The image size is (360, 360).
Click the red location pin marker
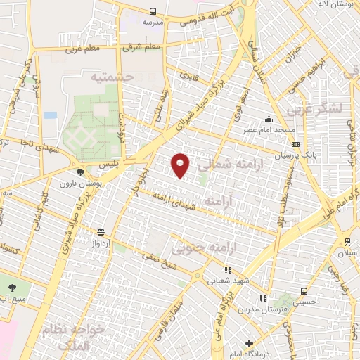(x=181, y=165)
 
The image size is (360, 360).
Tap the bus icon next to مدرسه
(x=153, y=11)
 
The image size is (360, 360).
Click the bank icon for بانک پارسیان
(x=294, y=143)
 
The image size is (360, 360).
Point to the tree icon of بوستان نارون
(x=80, y=172)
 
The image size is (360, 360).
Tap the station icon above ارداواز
(x=101, y=231)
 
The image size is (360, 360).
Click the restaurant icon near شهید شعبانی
(x=226, y=269)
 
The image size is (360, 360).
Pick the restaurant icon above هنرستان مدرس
(x=263, y=298)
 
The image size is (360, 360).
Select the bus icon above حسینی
(x=304, y=290)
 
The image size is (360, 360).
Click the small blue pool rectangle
(x=51, y=115)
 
